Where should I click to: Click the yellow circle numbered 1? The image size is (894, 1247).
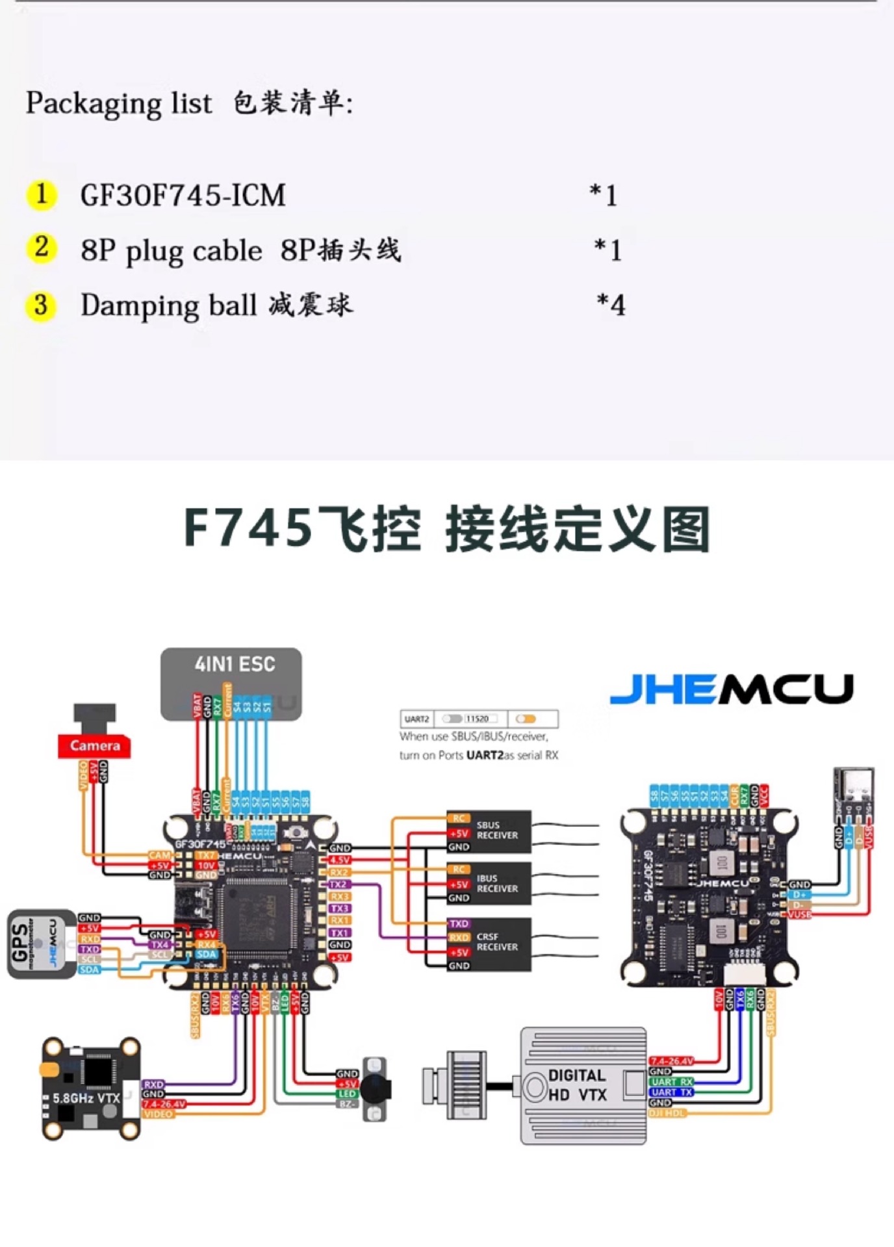pyautogui.click(x=42, y=194)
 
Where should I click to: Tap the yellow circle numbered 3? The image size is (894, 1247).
pyautogui.click(x=41, y=305)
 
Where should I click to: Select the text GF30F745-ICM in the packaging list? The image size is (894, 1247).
pyautogui.click(x=183, y=196)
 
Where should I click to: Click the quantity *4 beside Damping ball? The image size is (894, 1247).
pyautogui.click(x=611, y=305)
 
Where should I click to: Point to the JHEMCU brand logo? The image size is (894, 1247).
pyautogui.click(x=731, y=689)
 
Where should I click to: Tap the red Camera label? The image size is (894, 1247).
pyautogui.click(x=95, y=745)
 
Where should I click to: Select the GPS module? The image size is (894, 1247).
pyautogui.click(x=40, y=944)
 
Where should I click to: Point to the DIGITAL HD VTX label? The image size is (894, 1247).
pyautogui.click(x=577, y=1085)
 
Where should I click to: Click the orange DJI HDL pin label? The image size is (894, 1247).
pyautogui.click(x=667, y=1113)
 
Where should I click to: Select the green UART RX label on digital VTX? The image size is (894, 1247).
pyautogui.click(x=672, y=1082)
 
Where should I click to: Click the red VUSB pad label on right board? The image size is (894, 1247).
pyautogui.click(x=799, y=914)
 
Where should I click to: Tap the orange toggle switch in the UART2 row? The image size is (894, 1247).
pyautogui.click(x=526, y=719)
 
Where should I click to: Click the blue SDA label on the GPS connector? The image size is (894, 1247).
pyautogui.click(x=89, y=970)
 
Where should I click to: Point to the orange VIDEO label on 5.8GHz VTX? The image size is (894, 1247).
pyautogui.click(x=158, y=1114)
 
